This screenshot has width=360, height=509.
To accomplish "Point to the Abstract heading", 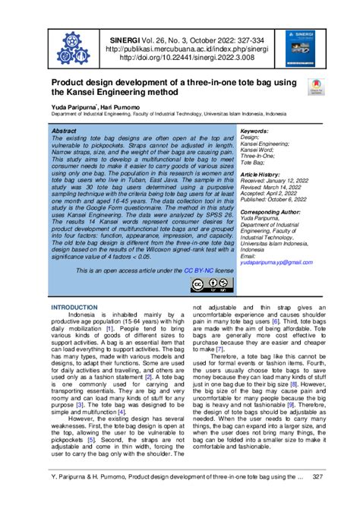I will pyautogui.click(x=68, y=131).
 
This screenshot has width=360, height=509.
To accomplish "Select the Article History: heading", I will pyautogui.click(x=260, y=174).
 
